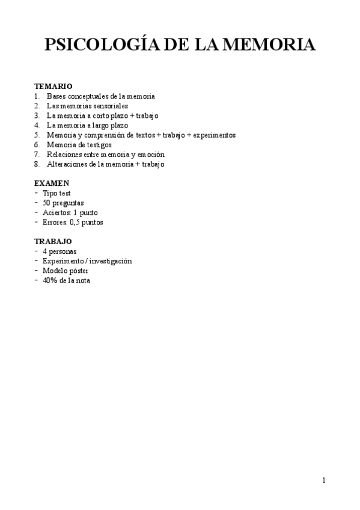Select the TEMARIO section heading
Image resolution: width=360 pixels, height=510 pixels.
[x=53, y=87]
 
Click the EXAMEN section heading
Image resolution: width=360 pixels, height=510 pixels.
[x=52, y=183]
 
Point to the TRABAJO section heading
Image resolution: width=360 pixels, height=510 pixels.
[x=54, y=241]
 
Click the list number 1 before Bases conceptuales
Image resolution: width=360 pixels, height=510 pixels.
[x=37, y=96]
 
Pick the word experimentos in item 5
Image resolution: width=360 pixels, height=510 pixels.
[x=215, y=135]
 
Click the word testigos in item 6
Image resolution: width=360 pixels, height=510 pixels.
[x=98, y=144]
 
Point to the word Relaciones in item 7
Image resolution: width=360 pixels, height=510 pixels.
[x=63, y=154]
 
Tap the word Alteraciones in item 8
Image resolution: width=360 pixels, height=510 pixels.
[x=66, y=164]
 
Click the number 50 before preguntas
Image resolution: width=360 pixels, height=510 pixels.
[x=47, y=203]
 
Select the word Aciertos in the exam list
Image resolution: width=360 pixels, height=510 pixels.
[x=55, y=212]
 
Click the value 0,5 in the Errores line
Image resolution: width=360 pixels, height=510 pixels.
[x=75, y=222]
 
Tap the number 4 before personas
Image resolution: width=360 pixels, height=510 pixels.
[x=45, y=251]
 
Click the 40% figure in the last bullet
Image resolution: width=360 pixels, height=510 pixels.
[x=50, y=280]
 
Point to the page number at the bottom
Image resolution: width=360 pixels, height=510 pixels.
[x=323, y=480]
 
